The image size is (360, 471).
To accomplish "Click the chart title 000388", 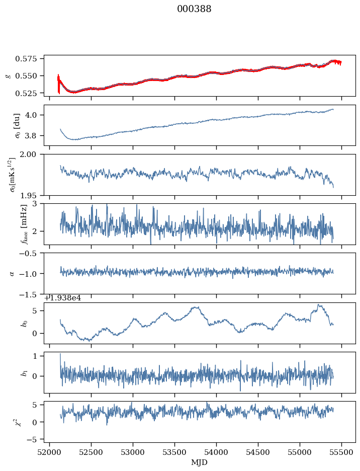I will click(194, 9).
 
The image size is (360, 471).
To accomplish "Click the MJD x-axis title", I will click(200, 462).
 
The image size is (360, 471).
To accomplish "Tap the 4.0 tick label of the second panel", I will click(35, 115).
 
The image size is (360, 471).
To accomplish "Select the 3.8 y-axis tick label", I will click(35, 135).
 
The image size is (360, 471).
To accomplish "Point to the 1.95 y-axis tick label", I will click(32, 195).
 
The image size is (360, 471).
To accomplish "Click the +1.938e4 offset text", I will click(62, 298).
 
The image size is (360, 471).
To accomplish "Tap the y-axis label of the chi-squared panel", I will click(21, 422).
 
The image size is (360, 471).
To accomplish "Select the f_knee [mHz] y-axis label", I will click(23, 224).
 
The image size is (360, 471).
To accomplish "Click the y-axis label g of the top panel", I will click(8, 75).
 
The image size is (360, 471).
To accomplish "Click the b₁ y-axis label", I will click(23, 372).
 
